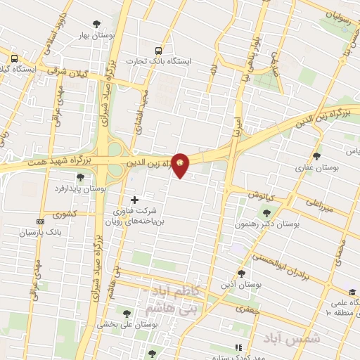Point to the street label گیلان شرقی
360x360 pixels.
65,70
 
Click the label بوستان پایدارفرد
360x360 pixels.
82,189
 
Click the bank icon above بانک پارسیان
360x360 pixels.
39,221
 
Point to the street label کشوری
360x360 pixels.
53,214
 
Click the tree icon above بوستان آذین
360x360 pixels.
242,274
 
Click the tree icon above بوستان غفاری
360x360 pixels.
317,156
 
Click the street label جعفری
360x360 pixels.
248,308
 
